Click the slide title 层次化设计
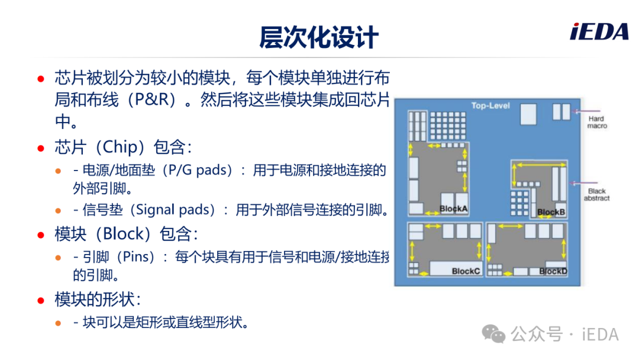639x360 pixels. coord(319,37)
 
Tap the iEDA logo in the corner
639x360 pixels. coord(599,32)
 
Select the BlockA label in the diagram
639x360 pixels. coord(453,209)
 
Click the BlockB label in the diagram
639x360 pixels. coord(551,212)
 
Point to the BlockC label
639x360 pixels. coord(466,271)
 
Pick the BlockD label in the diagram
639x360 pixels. coord(553,271)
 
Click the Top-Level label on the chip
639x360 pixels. coord(490,105)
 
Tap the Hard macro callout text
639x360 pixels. coord(596,123)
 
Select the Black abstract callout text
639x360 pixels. coord(596,194)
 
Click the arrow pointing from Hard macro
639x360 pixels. coord(586,111)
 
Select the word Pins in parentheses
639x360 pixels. coord(138,257)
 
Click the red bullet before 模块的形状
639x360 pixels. coord(41,301)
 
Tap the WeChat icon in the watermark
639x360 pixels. coord(493,334)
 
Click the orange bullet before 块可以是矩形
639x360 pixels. coord(58,323)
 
